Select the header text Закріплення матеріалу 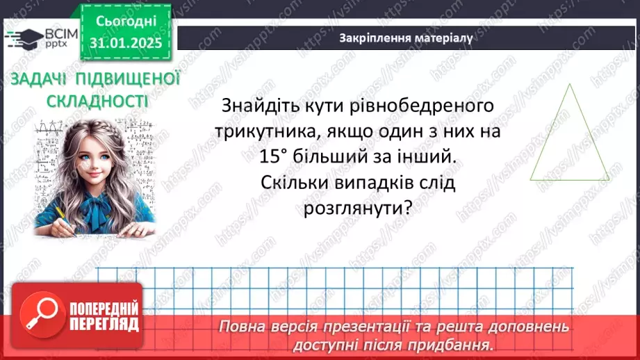(x=407, y=38)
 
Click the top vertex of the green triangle (x=571, y=85)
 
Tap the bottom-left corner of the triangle (x=531, y=179)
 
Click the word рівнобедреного (x=410, y=106)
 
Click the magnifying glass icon (x=36, y=315)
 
